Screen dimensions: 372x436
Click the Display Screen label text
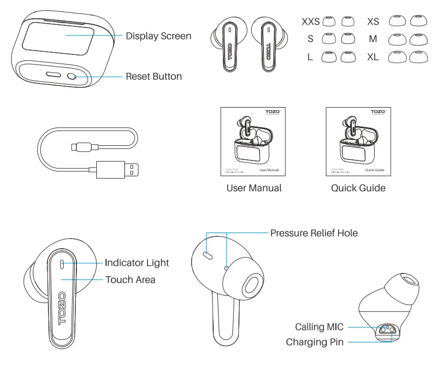tap(158, 36)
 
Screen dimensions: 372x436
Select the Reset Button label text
tap(153, 76)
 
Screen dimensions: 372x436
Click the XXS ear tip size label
tap(311, 22)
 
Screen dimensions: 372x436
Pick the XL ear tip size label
tap(374, 57)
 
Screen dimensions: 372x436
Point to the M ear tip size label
tap(374, 39)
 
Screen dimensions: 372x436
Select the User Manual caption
tap(254, 188)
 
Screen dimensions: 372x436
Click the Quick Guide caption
tap(358, 188)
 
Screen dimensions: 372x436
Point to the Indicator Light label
tap(137, 263)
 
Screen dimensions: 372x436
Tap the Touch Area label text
tap(130, 279)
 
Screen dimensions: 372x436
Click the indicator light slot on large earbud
tap(62, 264)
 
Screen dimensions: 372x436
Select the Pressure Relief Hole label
tap(314, 233)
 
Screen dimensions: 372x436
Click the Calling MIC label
tap(319, 327)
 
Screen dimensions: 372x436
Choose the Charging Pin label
tap(314, 342)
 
